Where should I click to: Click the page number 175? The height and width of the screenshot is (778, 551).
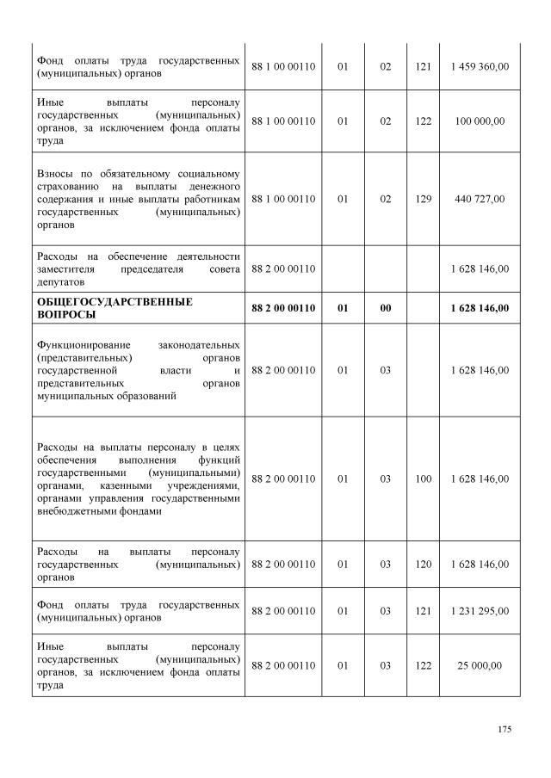tap(505, 730)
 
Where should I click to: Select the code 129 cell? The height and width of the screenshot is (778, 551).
tap(423, 199)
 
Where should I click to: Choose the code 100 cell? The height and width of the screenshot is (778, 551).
tap(423, 479)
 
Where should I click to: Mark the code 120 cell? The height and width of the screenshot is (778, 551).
tap(423, 565)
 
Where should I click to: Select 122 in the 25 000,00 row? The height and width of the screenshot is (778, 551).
tap(423, 665)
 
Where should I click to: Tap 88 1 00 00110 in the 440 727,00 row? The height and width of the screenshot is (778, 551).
tap(284, 199)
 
